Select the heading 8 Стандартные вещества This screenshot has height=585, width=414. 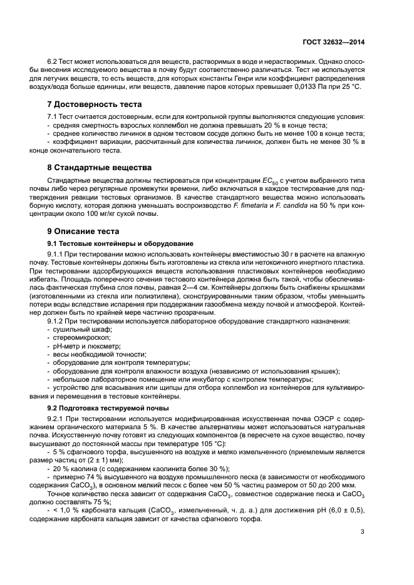(x=99, y=168)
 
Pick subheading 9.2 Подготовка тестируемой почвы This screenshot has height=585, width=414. (x=108, y=407)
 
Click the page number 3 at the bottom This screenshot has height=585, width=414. (x=363, y=533)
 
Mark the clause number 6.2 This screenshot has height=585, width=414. (x=54, y=63)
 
